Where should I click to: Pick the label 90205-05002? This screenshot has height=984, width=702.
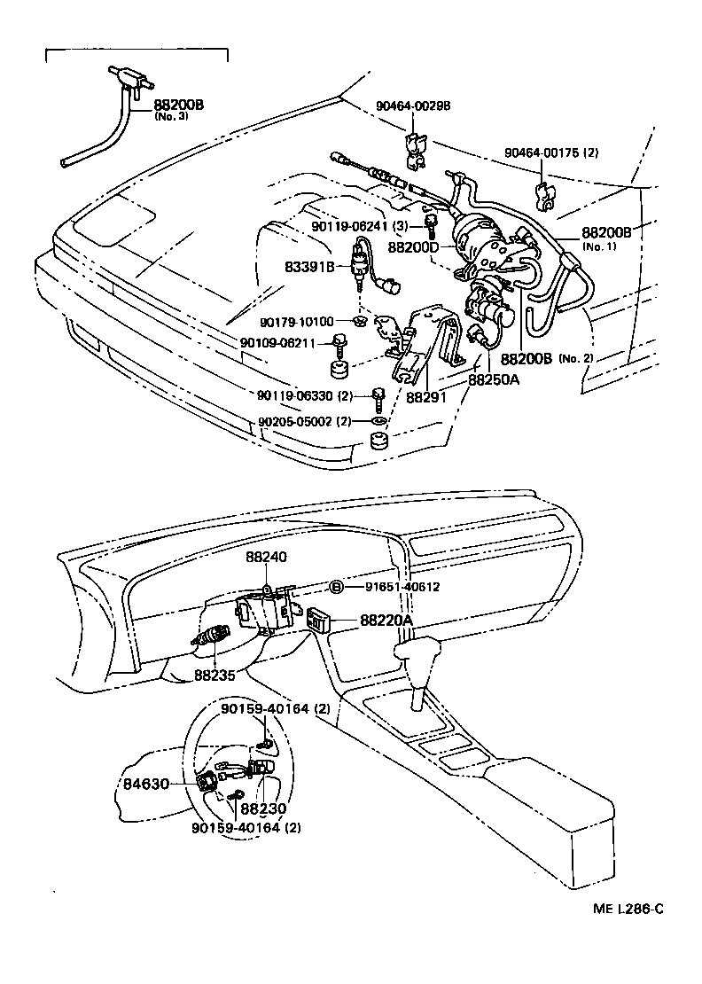[x=294, y=421]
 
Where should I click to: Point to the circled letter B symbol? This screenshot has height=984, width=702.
[x=337, y=587]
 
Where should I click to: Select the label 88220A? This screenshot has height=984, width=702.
[x=387, y=621]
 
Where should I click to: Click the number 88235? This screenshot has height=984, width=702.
[x=215, y=676]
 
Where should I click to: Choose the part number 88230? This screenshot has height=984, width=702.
[x=261, y=809]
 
